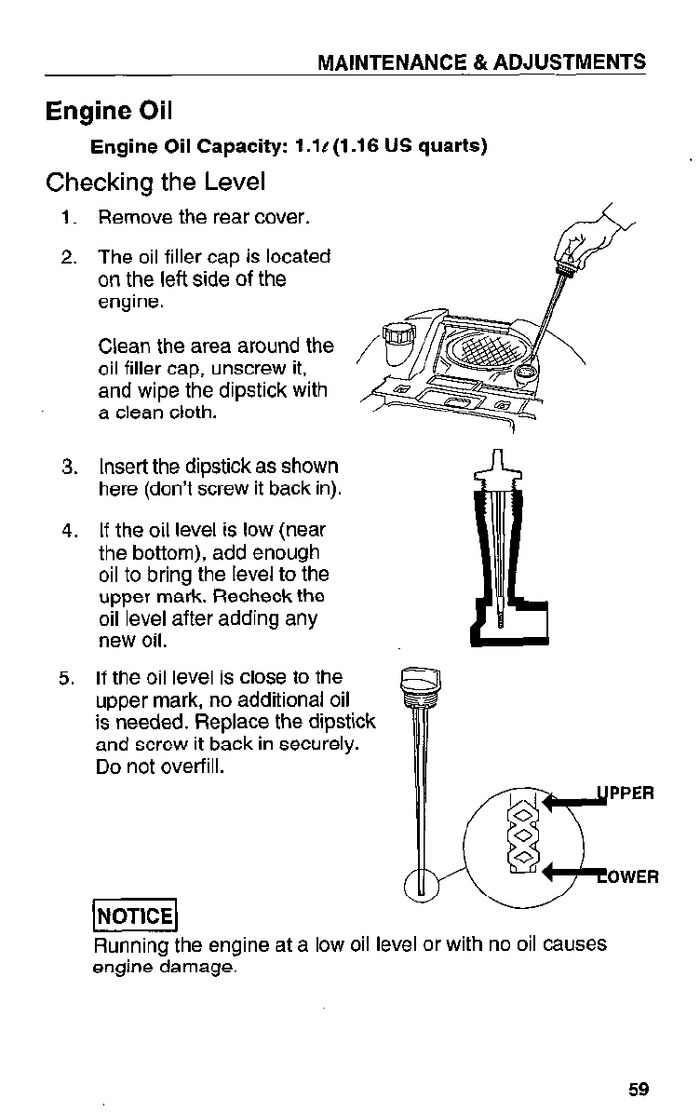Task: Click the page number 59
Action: pos(638,1090)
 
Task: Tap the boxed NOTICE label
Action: pos(134,915)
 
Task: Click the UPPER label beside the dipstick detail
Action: pos(626,793)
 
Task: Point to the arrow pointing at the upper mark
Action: pos(570,802)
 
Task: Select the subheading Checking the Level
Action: pos(155,182)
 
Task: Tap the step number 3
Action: pos(69,467)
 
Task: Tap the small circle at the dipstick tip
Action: pos(422,882)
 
